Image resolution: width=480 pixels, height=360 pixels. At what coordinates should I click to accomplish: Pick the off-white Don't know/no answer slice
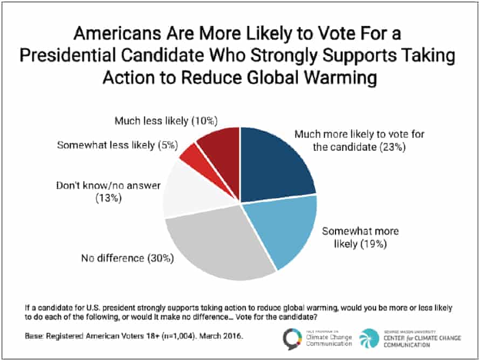click(x=191, y=191)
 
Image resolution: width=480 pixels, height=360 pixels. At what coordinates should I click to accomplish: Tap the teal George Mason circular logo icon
click(x=371, y=337)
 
